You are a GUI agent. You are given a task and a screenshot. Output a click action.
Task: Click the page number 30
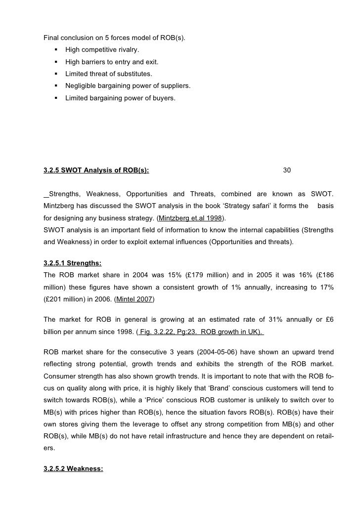[x=287, y=170]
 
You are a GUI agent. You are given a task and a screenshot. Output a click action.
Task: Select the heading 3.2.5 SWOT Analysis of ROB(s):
[x=96, y=170]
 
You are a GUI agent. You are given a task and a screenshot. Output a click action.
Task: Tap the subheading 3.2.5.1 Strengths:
[x=73, y=262]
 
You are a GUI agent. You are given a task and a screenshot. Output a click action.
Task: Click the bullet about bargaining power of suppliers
[x=128, y=86]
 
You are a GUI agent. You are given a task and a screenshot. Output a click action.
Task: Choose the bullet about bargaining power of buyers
[x=120, y=98]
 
